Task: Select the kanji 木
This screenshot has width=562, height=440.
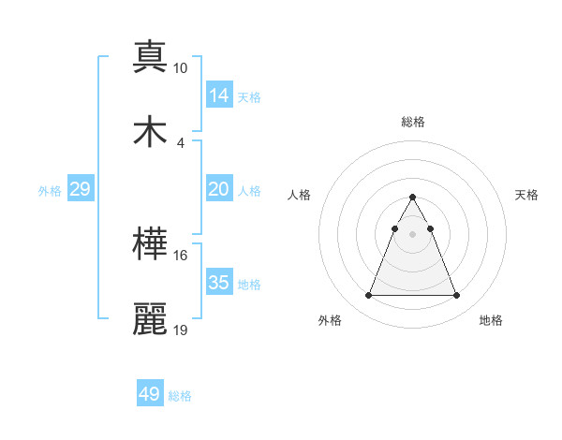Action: pos(150,131)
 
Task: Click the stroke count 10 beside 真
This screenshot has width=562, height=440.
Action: pos(180,68)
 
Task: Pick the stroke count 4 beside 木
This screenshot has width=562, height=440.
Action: pos(180,142)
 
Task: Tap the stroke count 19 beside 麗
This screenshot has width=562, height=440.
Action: pos(180,330)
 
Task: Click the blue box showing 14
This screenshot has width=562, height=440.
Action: pos(219,95)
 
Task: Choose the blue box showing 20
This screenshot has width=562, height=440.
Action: pos(219,189)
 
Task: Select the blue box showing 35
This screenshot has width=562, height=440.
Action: pos(219,282)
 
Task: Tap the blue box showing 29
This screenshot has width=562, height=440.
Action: pos(81,189)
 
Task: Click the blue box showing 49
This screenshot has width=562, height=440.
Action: pos(150,394)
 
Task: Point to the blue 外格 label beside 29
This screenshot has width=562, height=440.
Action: pos(50,190)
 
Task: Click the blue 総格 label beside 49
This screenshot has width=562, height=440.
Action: pos(180,396)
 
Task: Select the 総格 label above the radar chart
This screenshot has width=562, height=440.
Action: pos(413,122)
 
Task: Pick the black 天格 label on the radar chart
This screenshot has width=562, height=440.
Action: pos(527,195)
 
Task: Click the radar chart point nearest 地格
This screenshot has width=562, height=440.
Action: pos(456,296)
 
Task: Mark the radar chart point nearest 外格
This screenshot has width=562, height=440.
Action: pos(368,296)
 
